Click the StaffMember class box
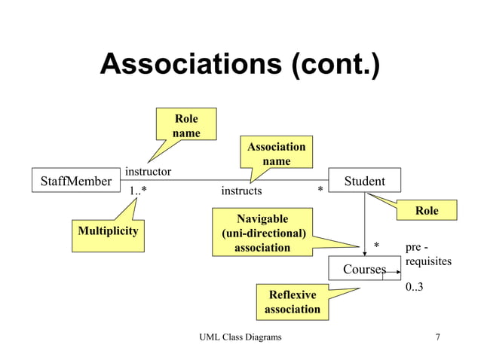pos(75,181)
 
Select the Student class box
pos(364,181)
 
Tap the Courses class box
pos(364,269)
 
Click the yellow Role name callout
pos(186,126)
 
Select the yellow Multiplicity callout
pos(109,230)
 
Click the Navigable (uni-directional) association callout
pos(262,233)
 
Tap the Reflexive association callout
pos(293,301)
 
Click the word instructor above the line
pos(148,172)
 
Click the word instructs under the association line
pos(241,191)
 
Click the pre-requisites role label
pos(427,254)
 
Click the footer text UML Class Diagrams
pos(240,337)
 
